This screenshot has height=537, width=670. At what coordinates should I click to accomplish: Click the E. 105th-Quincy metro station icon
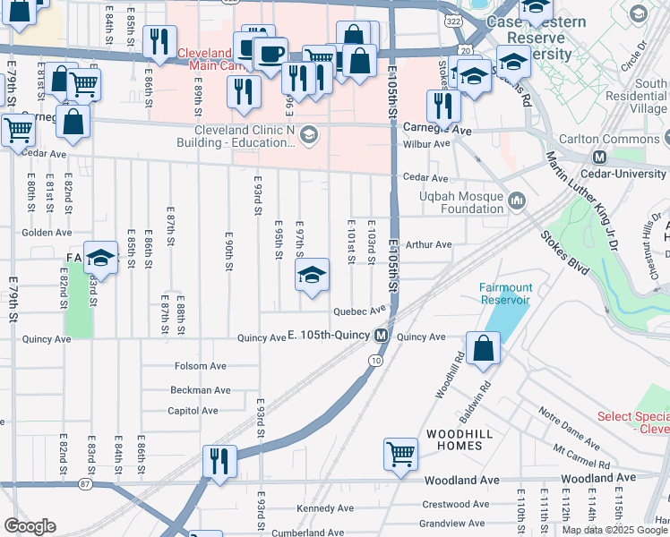coord(382,337)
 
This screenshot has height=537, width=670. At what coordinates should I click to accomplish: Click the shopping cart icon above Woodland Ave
coord(400,453)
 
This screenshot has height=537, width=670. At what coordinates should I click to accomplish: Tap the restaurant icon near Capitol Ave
coord(219,460)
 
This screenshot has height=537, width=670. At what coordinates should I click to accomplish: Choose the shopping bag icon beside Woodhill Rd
coord(483,350)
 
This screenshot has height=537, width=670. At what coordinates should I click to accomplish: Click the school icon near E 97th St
coord(312,275)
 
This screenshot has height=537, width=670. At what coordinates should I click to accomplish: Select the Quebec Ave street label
coord(359,312)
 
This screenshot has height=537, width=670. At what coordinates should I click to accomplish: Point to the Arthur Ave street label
coord(429,244)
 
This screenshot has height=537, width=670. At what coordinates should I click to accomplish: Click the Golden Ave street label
coord(47,232)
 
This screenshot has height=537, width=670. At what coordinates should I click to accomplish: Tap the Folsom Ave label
coord(205,366)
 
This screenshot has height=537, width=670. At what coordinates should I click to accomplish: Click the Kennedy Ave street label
coord(327,508)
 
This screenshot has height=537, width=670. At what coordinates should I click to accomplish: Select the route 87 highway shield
coord(85,484)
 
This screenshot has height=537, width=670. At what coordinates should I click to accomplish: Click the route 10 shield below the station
coord(374,360)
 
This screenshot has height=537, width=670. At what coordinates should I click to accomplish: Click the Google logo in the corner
coord(30,525)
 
